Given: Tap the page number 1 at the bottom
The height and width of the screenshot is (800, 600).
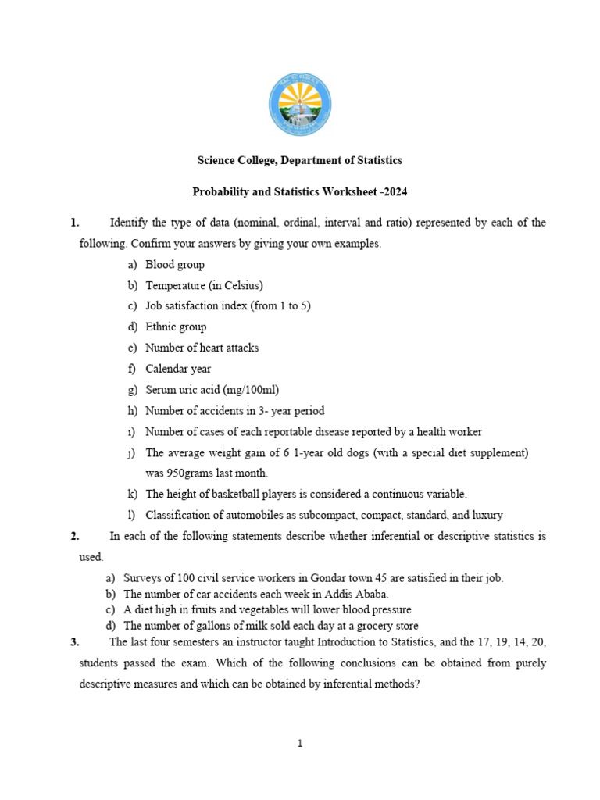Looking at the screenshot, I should click(x=299, y=744).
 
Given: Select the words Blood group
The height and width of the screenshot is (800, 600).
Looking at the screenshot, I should click(x=175, y=265).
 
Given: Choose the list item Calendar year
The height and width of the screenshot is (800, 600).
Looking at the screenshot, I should click(x=178, y=369).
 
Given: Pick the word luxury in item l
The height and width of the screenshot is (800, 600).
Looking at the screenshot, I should click(x=486, y=515).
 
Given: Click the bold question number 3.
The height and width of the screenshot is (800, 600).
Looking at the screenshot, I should click(x=74, y=642).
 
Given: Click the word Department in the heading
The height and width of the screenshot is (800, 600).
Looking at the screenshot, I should click(x=298, y=160).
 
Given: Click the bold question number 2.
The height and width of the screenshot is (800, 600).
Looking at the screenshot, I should click(x=74, y=536).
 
